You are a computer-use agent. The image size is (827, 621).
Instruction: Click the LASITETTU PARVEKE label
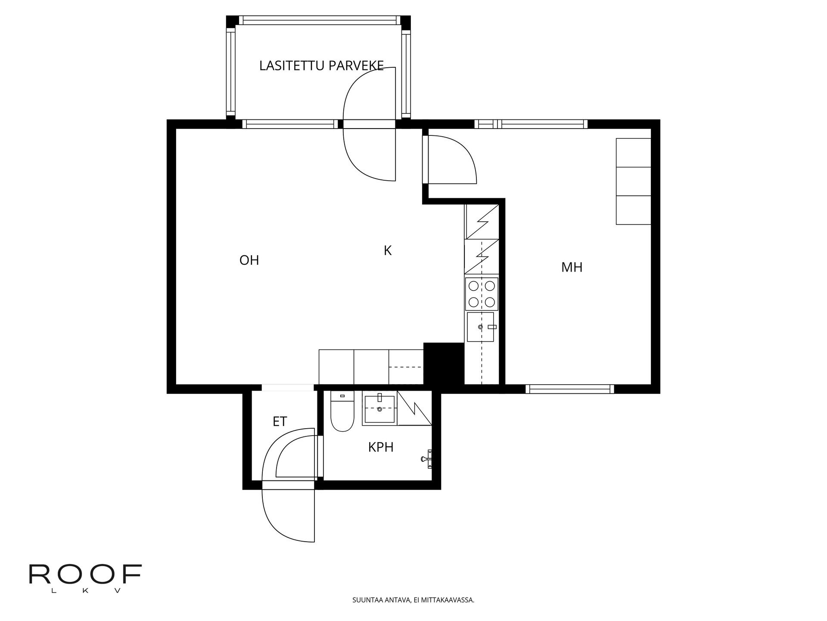(x=321, y=66)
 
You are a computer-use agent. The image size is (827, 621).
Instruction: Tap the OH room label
(x=249, y=260)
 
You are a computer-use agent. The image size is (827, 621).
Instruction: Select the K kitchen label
(x=388, y=251)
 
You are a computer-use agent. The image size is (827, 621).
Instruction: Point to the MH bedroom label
(x=572, y=267)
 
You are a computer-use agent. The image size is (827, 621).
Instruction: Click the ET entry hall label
(x=280, y=421)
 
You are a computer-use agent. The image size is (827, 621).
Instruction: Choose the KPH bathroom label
(x=381, y=447)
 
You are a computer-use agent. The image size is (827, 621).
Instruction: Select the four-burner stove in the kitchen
(x=482, y=293)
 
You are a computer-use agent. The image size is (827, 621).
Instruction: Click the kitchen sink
(x=480, y=327)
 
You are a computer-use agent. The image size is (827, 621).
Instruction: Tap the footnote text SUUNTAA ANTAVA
(x=413, y=600)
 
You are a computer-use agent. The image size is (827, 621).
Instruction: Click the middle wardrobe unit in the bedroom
(x=633, y=182)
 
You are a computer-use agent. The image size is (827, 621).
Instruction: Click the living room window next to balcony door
(x=290, y=124)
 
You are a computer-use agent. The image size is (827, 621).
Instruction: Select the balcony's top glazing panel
(x=319, y=20)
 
